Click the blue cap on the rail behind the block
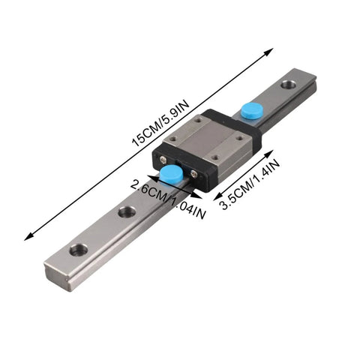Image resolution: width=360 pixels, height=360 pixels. coord(250,109)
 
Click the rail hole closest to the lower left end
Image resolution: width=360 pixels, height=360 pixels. coord(78,249)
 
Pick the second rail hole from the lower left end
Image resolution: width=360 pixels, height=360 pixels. coord(127,212)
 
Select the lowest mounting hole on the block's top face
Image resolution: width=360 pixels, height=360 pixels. coord(215,157)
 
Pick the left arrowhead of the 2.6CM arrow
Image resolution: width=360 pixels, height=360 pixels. coord(151,176)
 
